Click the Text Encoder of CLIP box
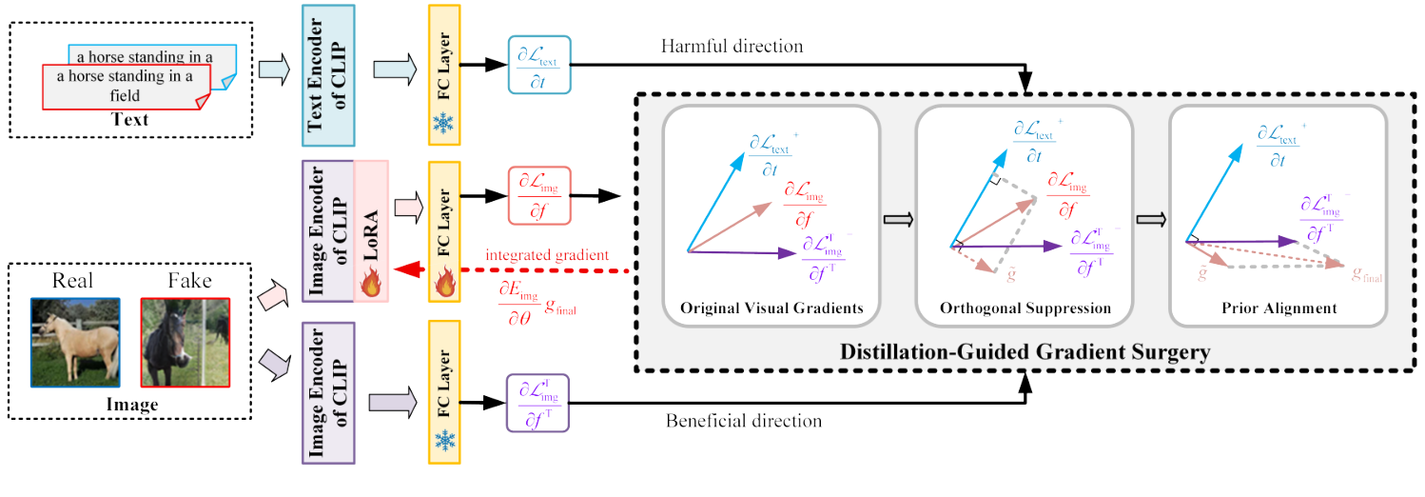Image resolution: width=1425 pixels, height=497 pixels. (x=327, y=74)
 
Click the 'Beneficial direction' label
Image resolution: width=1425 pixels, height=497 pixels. (x=744, y=420)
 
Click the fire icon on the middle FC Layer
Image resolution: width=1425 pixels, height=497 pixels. (x=443, y=281)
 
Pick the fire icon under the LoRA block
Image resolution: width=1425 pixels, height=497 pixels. (x=371, y=282)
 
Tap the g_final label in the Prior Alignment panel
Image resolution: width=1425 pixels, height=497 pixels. (x=1366, y=275)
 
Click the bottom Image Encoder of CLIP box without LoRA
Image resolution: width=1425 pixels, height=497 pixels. (x=327, y=391)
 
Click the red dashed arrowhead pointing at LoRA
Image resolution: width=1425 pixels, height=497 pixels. (x=404, y=270)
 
